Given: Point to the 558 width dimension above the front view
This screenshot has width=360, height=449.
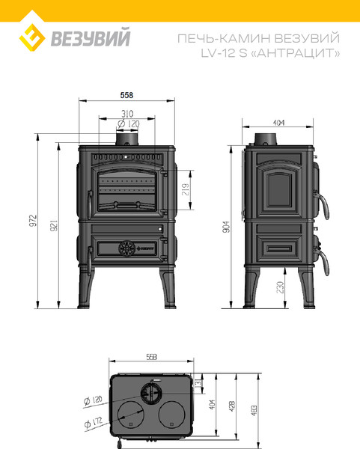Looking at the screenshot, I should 126,96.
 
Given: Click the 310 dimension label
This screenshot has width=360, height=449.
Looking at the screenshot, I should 126,114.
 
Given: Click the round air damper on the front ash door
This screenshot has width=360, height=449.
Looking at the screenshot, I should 126,246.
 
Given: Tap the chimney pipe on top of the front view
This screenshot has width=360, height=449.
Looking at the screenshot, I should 126,140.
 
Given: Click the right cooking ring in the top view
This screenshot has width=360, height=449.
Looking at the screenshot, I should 175,412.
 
